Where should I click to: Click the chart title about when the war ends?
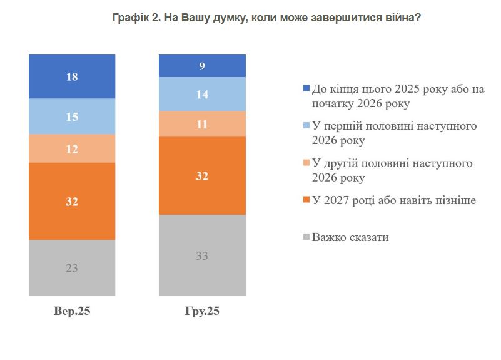point(250,18)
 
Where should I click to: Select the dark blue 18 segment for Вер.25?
point(72,76)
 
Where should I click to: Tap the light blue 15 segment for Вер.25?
point(72,116)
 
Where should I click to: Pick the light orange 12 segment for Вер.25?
point(72,148)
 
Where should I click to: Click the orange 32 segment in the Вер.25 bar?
point(72,201)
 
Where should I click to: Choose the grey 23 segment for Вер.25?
point(72,267)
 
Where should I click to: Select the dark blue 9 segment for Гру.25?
point(202,66)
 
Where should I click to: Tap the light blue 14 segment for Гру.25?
point(202,94)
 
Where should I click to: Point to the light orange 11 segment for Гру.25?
point(202,124)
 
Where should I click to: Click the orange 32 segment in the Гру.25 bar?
point(202,176)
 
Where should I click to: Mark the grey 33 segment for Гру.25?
point(202,255)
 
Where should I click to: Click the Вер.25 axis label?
point(72,311)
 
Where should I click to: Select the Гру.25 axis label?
point(202,311)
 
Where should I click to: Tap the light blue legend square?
point(306,126)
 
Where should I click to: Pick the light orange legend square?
point(306,164)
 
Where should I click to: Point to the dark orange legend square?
point(306,201)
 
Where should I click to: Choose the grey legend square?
point(306,238)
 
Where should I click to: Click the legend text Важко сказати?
point(350,238)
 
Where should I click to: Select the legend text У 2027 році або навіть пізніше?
point(394,201)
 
